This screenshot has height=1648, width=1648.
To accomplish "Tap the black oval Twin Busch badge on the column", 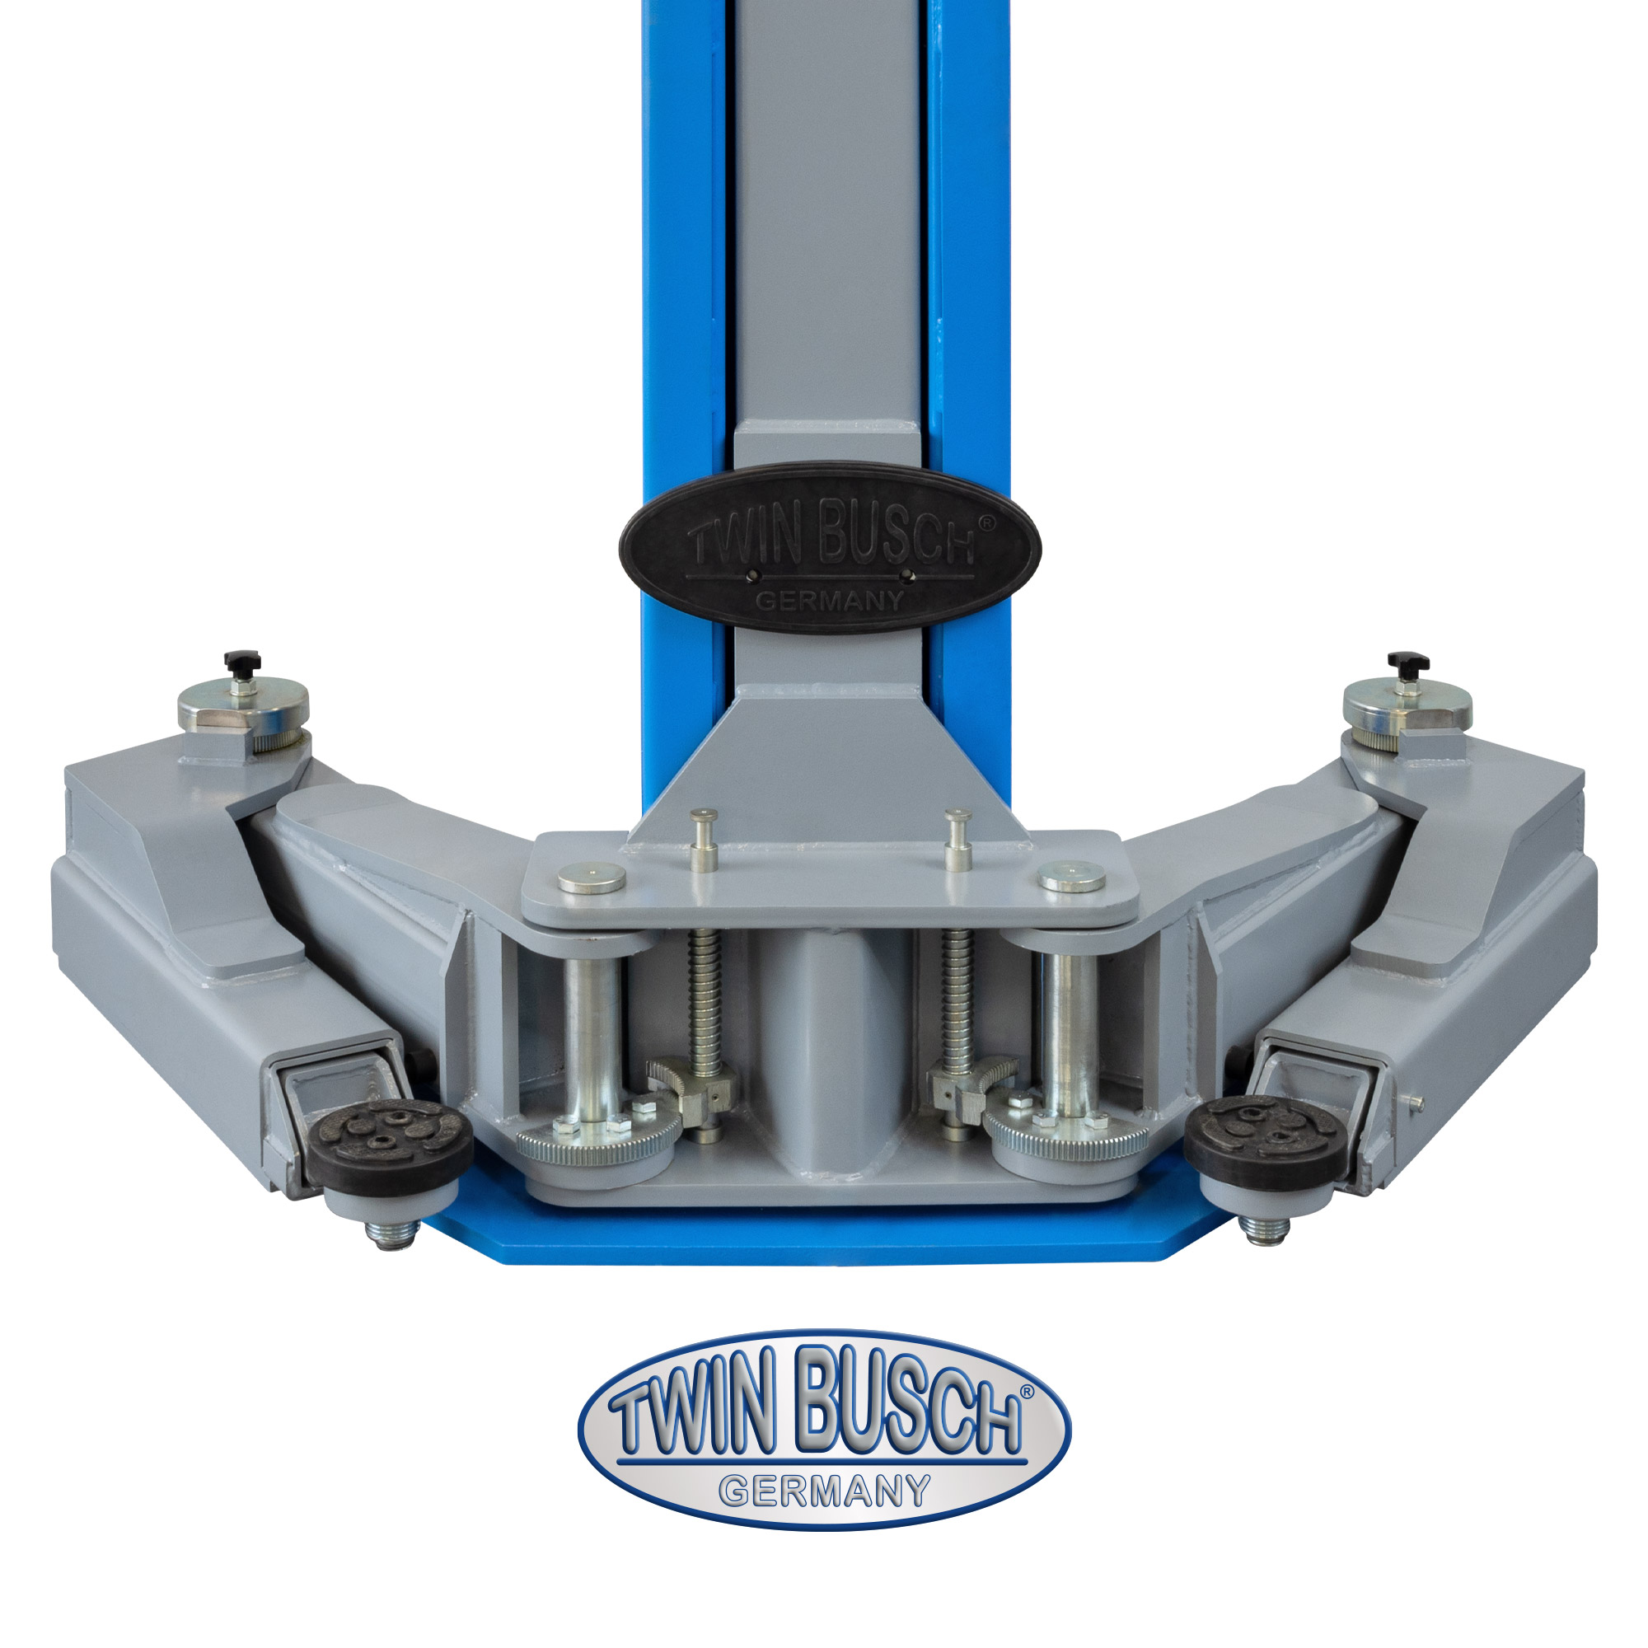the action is (830, 549).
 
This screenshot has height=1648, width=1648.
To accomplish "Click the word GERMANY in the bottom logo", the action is (824, 1490).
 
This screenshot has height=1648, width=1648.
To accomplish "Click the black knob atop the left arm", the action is (241, 664).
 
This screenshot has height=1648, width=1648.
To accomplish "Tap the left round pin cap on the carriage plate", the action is (591, 877).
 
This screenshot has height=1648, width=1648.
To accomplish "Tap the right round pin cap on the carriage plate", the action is (1073, 876).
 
